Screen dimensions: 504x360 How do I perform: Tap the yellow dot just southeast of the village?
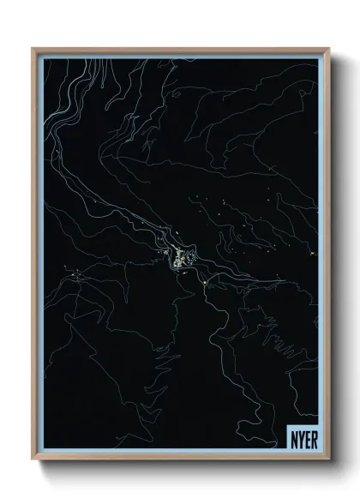[207, 280]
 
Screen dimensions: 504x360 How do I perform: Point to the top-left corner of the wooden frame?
[33, 49]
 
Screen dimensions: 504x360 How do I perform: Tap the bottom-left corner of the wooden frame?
[33, 457]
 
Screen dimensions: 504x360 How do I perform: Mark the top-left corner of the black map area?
[44, 58]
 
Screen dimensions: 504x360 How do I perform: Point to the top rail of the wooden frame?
[180, 50]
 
